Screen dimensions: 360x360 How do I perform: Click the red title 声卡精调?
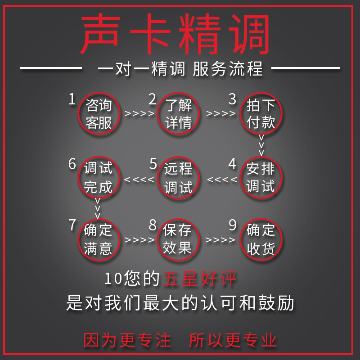[175, 34]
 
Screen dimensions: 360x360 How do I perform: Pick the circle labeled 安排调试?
[261, 177]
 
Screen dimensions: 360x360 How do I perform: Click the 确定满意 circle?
[98, 239]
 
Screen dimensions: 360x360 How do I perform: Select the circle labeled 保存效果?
[179, 239]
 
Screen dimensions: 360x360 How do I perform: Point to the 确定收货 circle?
[261, 239]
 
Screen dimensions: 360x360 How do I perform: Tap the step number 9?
[233, 225]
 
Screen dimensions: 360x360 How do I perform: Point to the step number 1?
[72, 99]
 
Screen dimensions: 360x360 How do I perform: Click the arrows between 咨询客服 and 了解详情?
[139, 113]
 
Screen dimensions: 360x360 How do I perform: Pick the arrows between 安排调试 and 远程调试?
[222, 180]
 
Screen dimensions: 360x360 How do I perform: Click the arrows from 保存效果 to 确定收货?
[220, 240]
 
